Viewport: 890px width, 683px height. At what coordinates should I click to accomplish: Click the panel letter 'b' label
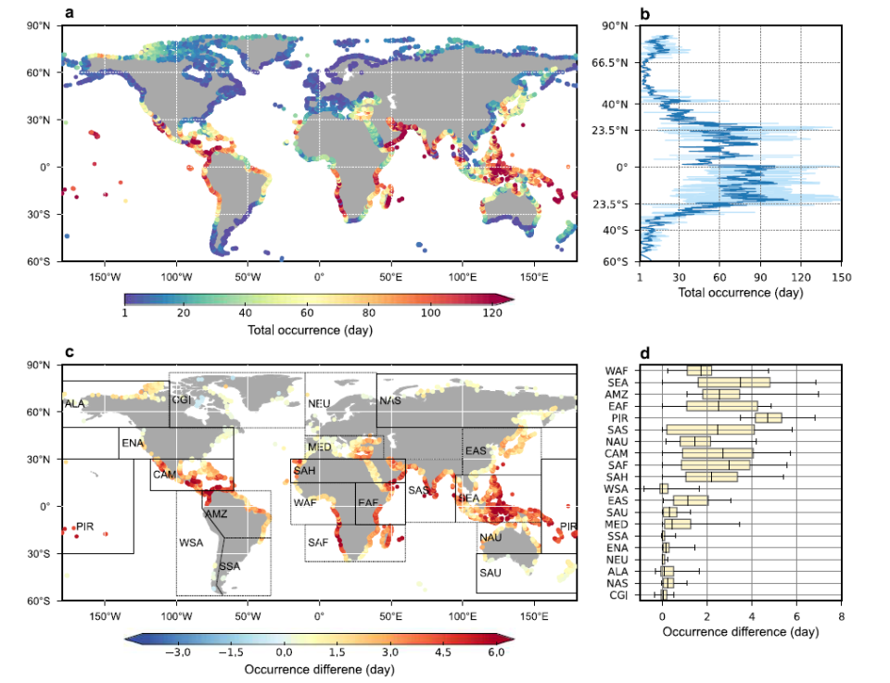(x=645, y=13)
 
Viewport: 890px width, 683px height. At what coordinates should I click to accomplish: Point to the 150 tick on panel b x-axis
(x=841, y=275)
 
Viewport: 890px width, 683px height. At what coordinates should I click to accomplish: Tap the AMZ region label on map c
(x=215, y=513)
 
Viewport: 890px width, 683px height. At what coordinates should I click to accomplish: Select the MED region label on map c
(x=320, y=448)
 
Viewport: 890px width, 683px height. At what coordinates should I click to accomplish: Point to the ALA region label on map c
(x=75, y=404)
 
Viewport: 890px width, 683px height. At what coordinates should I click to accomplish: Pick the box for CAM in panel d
(x=719, y=453)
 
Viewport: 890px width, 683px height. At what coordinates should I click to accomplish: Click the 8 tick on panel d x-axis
(x=841, y=614)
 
